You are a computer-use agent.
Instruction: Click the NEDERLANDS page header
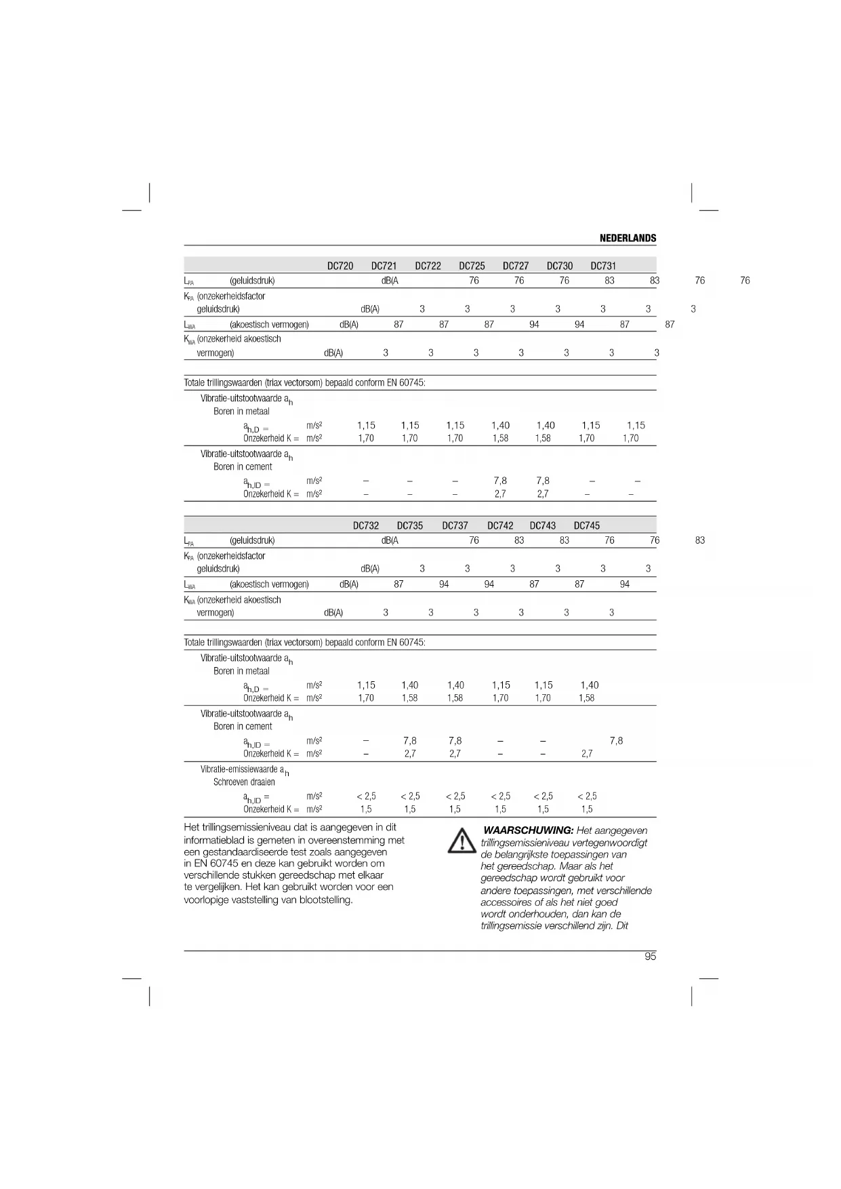coord(628,238)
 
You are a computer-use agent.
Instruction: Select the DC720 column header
coord(340,266)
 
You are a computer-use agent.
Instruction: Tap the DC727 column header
coord(516,266)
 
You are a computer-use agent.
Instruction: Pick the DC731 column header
coord(603,266)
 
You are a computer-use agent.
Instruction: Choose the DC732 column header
coord(366,525)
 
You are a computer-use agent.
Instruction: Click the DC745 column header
coord(587,525)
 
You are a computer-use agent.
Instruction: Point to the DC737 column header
coord(455,525)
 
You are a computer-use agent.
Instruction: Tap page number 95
coord(650,956)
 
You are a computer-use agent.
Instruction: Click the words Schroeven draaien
coord(244,782)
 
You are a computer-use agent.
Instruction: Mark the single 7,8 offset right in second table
coord(616,741)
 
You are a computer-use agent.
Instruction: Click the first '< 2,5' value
coord(366,797)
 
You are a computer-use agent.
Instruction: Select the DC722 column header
coord(428,266)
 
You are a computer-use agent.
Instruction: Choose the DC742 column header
coord(500,525)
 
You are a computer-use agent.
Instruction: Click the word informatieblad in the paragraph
coord(215,840)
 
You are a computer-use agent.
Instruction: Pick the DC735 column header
coord(410,525)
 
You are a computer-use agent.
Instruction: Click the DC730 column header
coord(560,266)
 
